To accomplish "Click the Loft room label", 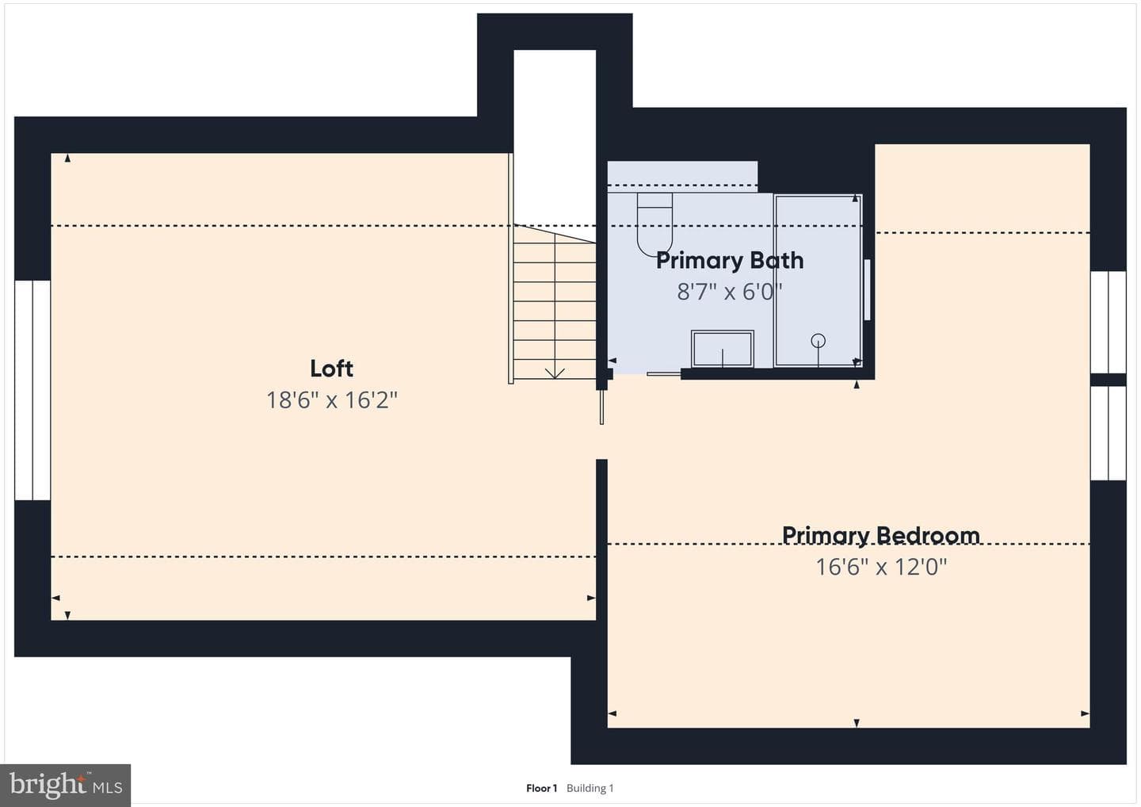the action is pos(331,369).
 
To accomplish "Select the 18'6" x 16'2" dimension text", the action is pos(331,400).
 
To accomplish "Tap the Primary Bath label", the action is pos(730,260).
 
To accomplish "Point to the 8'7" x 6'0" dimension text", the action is pos(730,292).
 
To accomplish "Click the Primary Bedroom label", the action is pos(881,535).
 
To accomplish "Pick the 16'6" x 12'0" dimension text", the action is pos(881,567).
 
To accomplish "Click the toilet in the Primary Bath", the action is pos(654,224).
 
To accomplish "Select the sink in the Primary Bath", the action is pos(723,349).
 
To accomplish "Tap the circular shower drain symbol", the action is pos(818,340).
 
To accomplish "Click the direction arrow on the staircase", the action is pos(555,373).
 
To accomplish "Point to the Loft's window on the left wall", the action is pos(32,390).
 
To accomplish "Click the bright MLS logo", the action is pos(66,785).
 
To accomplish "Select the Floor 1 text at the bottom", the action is pos(541,788).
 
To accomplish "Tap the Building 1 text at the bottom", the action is pos(590,788).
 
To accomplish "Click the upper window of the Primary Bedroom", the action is pos(1108,322).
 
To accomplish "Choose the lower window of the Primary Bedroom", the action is pos(1108,433).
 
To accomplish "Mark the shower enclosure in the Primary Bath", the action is pos(818,280).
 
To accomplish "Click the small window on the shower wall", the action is pos(867,289).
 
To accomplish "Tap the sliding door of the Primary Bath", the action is pos(664,374).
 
